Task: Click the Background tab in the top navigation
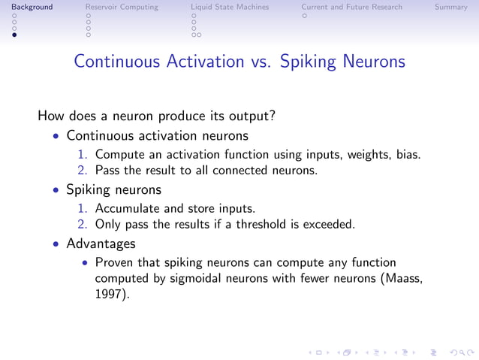click(x=26, y=7)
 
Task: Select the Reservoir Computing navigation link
click(x=122, y=7)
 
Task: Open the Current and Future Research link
click(x=351, y=7)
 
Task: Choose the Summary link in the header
click(x=450, y=7)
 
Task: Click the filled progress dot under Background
click(x=14, y=35)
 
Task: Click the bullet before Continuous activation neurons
click(x=56, y=138)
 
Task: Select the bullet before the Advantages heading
click(x=56, y=245)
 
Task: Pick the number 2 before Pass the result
click(x=83, y=171)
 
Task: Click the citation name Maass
click(x=402, y=279)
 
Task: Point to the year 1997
click(x=108, y=295)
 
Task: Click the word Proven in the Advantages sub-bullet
click(x=115, y=263)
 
